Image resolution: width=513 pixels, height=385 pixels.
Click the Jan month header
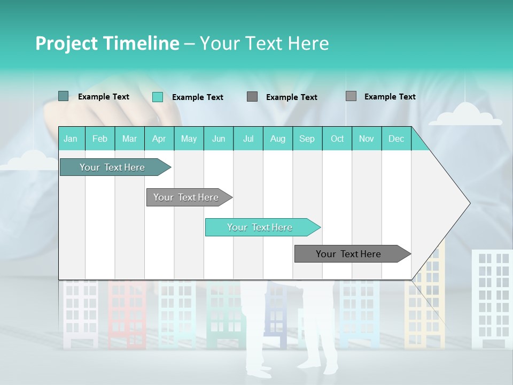[x=71, y=138]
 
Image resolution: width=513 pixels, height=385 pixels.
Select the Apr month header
[x=159, y=138]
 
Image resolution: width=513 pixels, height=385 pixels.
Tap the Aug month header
[x=277, y=138]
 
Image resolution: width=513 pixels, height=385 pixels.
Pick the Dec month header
[x=396, y=138]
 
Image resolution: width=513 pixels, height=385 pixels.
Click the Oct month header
[x=337, y=138]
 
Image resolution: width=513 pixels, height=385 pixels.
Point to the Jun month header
[x=218, y=138]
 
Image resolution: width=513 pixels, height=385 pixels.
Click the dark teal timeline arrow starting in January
[x=112, y=167]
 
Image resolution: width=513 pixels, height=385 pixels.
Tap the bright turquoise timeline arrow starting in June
[x=260, y=227]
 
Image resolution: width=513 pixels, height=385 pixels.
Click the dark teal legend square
[x=63, y=96]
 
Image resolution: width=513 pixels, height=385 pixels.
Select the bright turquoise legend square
[x=157, y=97]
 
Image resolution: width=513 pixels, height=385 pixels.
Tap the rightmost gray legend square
[x=351, y=96]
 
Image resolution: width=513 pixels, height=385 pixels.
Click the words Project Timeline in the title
[x=107, y=43]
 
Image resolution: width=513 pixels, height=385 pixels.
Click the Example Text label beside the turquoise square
[x=197, y=97]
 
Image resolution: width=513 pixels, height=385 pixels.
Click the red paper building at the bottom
[x=127, y=313]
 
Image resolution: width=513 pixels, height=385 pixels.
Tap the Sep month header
[x=307, y=138]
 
